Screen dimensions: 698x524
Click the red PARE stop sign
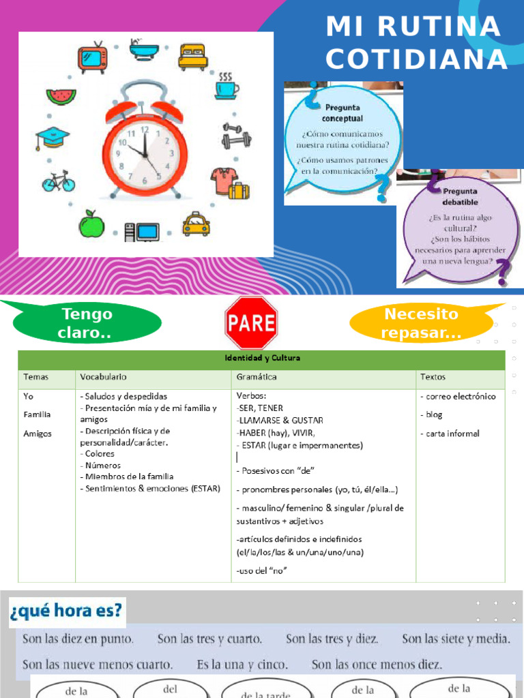coord(251,322)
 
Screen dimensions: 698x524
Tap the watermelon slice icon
coord(61,95)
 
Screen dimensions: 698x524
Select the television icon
coord(92,57)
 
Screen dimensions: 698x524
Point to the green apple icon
coord(91,224)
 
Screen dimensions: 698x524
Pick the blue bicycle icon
coord(58,181)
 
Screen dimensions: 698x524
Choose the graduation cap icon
coord(53,138)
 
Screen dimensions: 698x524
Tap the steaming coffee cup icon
coord(227,87)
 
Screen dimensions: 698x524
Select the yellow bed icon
coord(192,57)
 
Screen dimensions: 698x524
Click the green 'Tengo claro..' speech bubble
coord(87,323)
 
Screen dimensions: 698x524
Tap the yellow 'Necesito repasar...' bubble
coord(421,323)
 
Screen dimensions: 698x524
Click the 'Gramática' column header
coord(257,376)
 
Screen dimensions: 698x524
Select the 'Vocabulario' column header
coord(103,376)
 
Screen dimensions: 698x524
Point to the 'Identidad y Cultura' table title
coord(262,358)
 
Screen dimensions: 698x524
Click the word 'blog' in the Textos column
coord(433,414)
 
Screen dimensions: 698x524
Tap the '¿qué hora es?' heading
coord(67,611)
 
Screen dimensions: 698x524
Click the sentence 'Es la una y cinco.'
coord(242,663)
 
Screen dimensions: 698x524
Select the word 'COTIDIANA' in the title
coord(416,59)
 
